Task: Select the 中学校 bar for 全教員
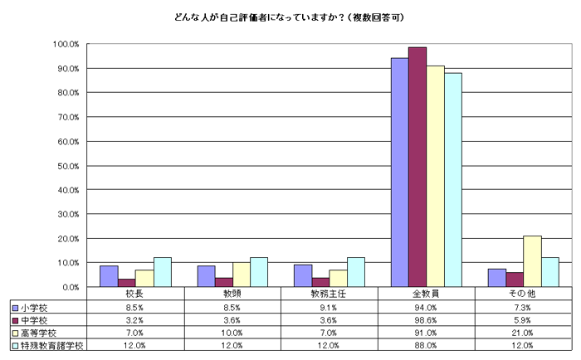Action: coord(417,167)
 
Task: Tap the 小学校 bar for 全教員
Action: coord(399,173)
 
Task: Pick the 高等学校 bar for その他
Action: coord(533,261)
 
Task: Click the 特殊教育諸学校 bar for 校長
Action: coord(162,272)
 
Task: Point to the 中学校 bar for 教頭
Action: coord(224,282)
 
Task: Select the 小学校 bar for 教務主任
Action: coord(302,275)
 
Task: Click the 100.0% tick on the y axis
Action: coord(66,44)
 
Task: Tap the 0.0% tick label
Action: coord(70,287)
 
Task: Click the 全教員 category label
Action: coord(426,294)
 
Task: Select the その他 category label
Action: coord(523,294)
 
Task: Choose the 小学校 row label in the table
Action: coord(37,307)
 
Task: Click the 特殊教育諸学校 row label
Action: coord(51,344)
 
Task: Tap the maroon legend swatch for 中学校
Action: coord(16,319)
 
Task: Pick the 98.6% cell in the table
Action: coord(426,319)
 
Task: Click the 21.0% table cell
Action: coord(523,332)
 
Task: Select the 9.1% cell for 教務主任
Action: coord(329,307)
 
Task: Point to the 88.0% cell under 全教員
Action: coord(426,344)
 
